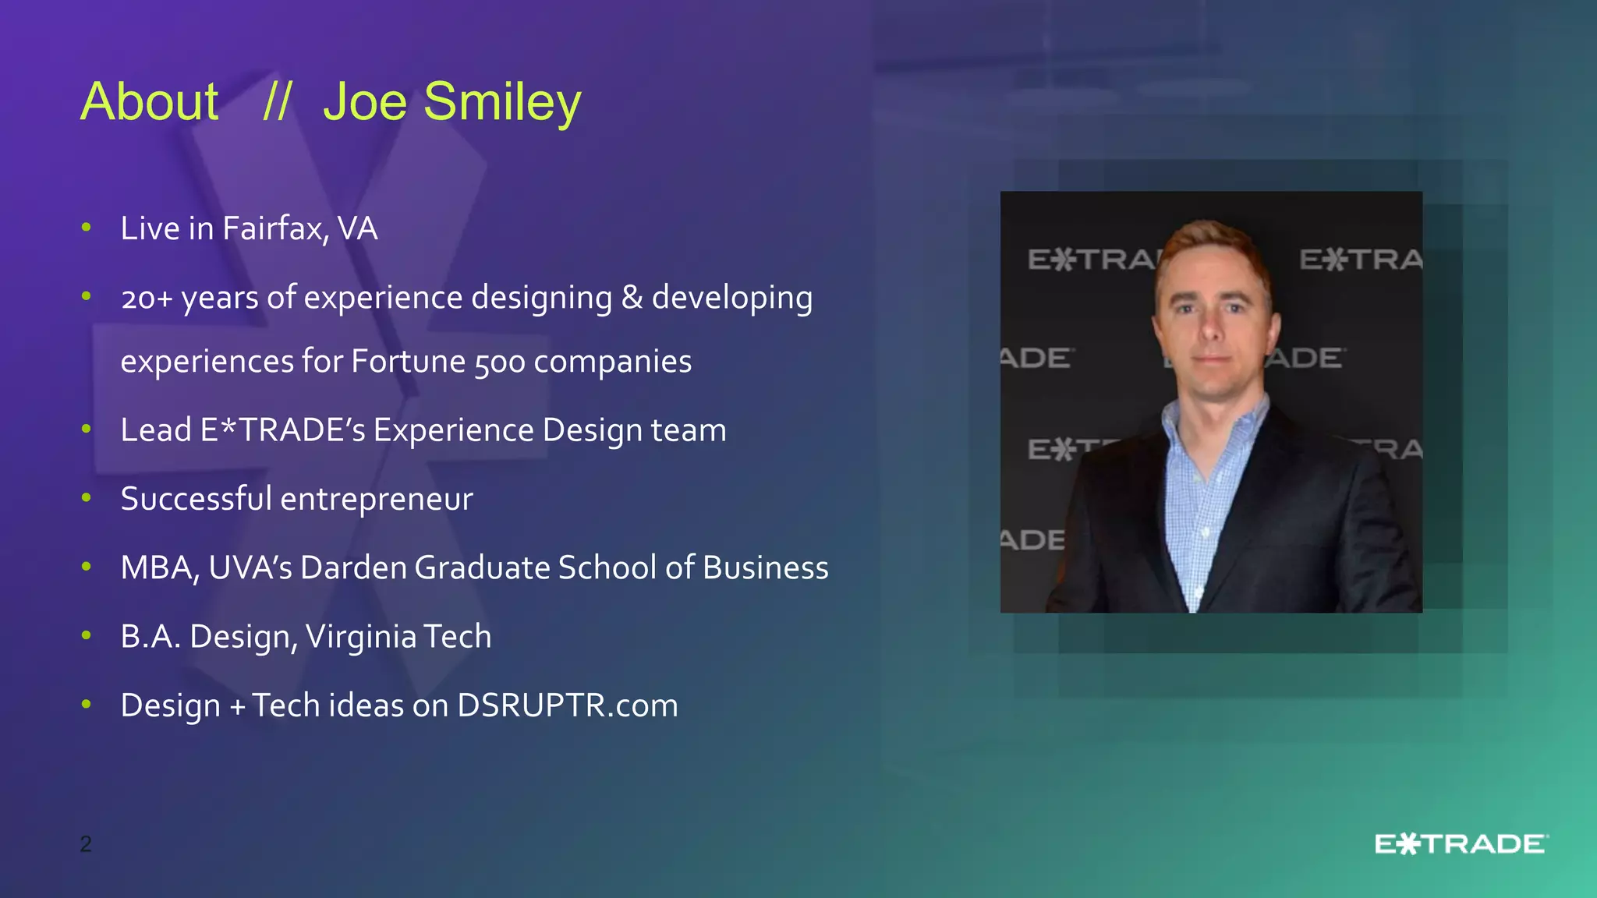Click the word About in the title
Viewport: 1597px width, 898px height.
[150, 102]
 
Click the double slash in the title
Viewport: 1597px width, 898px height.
[277, 102]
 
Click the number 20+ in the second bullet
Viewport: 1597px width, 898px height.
[147, 299]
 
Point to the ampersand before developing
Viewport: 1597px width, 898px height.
[632, 298]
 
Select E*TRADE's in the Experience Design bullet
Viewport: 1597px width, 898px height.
[282, 430]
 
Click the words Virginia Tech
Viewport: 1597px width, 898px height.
[398, 637]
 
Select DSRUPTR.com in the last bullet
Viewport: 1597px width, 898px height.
[567, 705]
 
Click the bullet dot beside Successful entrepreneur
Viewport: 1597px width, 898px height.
[87, 497]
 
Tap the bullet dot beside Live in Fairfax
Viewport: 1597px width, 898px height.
[87, 227]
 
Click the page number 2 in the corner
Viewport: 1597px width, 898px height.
[86, 843]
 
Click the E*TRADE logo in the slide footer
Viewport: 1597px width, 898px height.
[1461, 844]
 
